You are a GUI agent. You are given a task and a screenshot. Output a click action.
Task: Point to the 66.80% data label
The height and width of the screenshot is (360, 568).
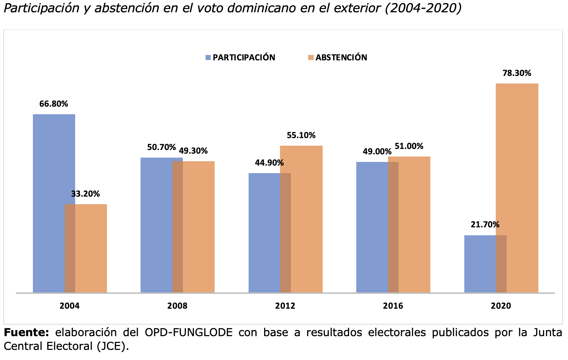click(53, 104)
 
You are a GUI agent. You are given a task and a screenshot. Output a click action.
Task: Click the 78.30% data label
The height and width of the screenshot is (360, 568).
click(517, 73)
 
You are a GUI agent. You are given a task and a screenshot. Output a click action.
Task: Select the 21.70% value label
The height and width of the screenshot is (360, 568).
click(485, 225)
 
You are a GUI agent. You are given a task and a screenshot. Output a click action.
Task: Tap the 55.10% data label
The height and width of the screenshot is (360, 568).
click(301, 136)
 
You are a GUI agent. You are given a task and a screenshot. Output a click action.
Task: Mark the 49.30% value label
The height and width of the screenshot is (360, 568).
click(193, 151)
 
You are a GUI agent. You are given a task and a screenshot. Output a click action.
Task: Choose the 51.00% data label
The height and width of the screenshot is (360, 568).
click(409, 146)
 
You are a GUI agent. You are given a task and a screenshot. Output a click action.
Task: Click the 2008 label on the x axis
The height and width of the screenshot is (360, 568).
click(177, 306)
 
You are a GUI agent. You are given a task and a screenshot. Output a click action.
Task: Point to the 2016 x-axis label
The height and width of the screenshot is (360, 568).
click(393, 306)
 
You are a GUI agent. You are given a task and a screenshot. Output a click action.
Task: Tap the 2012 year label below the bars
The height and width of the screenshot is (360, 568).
click(285, 306)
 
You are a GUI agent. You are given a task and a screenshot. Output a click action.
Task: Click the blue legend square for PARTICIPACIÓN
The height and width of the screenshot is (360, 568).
click(208, 57)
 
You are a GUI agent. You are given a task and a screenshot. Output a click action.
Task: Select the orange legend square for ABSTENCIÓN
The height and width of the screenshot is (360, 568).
click(311, 57)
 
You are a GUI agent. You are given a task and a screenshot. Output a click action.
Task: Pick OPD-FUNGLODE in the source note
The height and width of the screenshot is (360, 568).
click(188, 333)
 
